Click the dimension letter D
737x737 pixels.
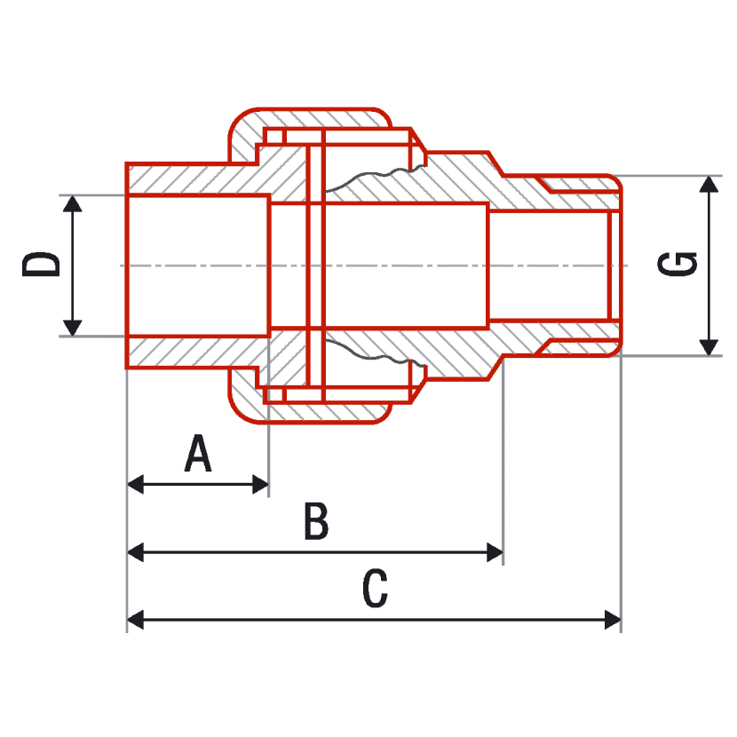42,264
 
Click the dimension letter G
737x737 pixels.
677,264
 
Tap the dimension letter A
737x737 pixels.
198,453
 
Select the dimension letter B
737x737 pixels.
316,521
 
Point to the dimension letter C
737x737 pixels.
375,589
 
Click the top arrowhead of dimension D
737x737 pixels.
73,204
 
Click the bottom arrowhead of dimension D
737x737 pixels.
73,328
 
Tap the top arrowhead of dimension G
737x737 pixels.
709,185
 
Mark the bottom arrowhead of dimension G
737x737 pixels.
709,347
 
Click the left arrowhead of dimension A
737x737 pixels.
135,484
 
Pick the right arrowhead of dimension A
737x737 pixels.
260,484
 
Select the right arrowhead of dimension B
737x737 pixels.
495,552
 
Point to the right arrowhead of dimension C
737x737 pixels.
613,620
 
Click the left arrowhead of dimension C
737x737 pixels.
135,620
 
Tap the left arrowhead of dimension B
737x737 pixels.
135,552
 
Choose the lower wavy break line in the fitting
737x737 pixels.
371,356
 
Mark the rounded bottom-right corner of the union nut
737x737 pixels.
383,415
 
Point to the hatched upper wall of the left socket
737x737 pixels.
193,178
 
